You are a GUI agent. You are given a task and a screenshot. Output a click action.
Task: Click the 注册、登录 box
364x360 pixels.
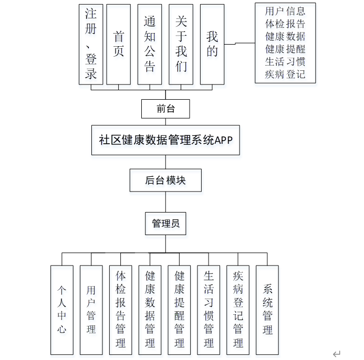click(91, 44)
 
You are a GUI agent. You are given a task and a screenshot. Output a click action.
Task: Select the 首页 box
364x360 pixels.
click(118, 44)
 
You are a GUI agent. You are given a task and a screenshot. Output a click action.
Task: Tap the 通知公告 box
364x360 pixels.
click(150, 44)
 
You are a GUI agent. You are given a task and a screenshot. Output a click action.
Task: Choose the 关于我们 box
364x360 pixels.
click(181, 44)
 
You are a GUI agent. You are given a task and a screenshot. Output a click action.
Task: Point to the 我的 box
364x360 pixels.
click(212, 44)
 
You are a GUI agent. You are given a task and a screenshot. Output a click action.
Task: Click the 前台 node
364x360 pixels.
click(165, 109)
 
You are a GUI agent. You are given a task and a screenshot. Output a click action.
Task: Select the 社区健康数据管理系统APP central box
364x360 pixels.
click(165, 140)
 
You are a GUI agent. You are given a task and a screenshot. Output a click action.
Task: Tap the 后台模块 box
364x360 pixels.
click(165, 181)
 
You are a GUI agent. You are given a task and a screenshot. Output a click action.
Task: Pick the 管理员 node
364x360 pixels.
click(165, 224)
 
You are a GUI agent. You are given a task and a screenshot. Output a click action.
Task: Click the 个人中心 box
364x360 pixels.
click(62, 310)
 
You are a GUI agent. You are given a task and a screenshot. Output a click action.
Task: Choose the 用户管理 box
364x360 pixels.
click(91, 310)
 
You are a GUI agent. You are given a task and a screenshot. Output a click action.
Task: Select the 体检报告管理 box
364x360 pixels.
click(121, 310)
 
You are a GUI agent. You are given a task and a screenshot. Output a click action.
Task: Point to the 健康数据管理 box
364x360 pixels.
click(150, 310)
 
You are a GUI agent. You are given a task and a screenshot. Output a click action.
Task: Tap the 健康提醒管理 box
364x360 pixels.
click(180, 310)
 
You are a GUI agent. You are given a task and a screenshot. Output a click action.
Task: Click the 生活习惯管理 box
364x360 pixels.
click(209, 310)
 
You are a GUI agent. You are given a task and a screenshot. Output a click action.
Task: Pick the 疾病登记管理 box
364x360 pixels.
click(238, 310)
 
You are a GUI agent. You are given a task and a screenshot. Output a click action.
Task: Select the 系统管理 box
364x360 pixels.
click(267, 310)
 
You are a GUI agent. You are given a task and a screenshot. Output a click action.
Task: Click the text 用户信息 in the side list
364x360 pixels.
click(285, 11)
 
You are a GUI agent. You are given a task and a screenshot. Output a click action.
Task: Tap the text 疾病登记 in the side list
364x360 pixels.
click(285, 74)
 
